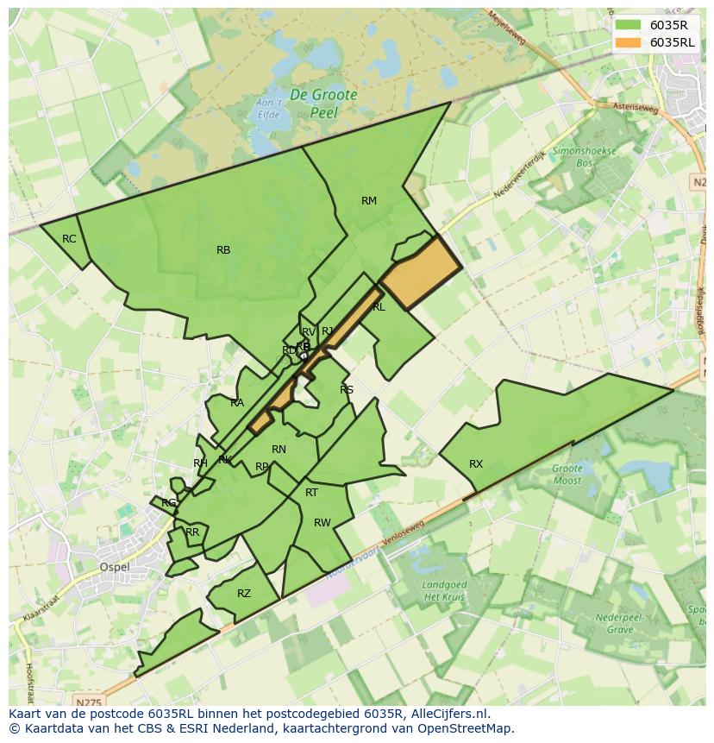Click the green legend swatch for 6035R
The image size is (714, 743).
coord(628,25)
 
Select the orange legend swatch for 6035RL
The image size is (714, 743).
coord(628,42)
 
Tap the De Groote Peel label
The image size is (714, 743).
coord(323,104)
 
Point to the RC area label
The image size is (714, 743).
coord(69,239)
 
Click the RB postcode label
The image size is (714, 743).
coord(223,250)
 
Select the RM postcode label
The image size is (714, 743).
coord(369,201)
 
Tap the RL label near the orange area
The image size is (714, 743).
coord(379,307)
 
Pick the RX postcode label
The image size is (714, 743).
coord(476,464)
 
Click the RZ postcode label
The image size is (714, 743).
coord(244,594)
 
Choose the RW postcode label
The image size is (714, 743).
coord(323,523)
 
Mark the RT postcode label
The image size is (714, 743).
coord(311,493)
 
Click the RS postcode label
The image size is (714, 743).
coord(347,390)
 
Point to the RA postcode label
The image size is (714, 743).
coord(237,403)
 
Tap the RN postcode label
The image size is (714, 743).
coord(279,450)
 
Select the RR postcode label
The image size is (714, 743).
coord(192,532)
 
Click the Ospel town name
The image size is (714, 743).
coord(115,567)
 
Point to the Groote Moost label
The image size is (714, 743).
coord(567,475)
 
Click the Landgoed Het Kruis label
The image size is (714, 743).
coord(444,591)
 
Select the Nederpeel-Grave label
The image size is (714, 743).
coord(608,624)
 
